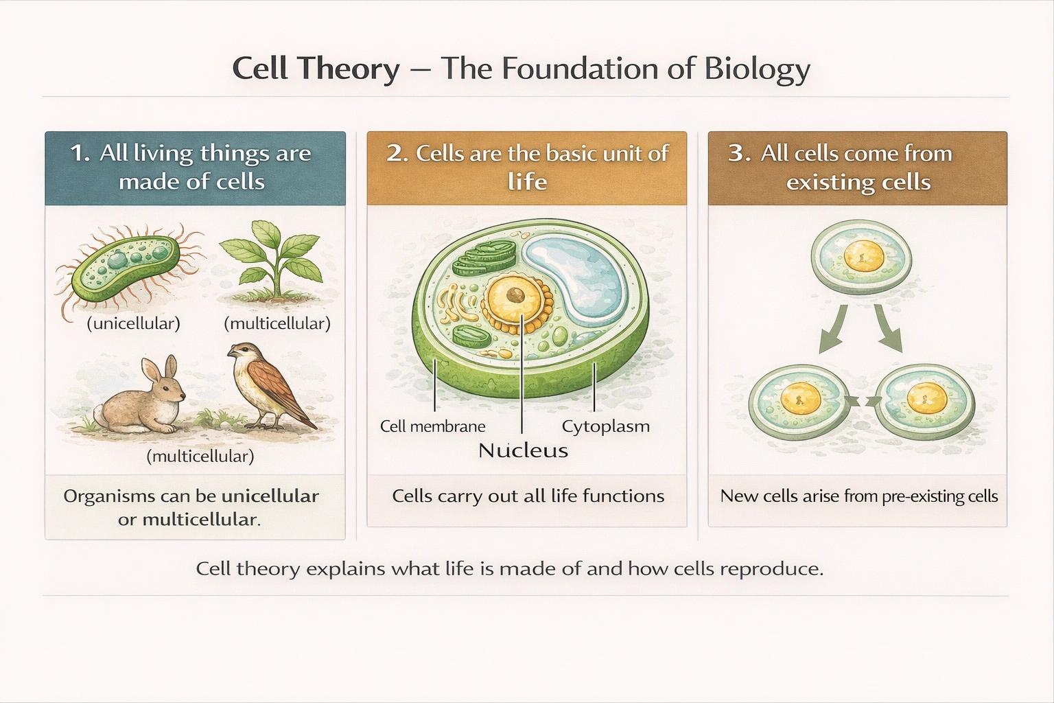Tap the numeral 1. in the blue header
click(x=80, y=153)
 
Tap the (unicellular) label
click(x=133, y=323)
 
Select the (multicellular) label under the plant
click(x=277, y=323)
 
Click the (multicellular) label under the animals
click(x=200, y=456)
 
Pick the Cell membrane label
click(x=432, y=426)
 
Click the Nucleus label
click(x=523, y=450)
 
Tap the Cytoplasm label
click(x=605, y=426)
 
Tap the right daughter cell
click(x=926, y=400)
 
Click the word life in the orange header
click(x=527, y=182)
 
